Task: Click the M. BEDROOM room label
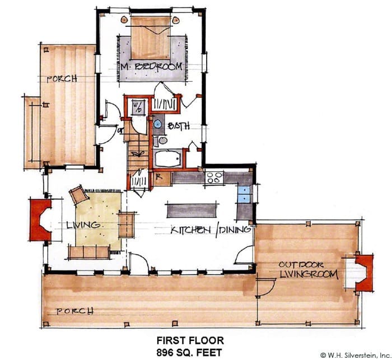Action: click(x=151, y=67)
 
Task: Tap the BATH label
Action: click(x=179, y=126)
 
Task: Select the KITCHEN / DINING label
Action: click(x=211, y=230)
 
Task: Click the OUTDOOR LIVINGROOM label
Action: click(x=308, y=270)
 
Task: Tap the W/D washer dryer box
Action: click(x=138, y=107)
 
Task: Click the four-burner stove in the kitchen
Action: click(x=214, y=177)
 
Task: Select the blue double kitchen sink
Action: click(x=244, y=194)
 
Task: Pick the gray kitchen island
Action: click(x=192, y=211)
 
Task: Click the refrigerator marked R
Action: click(x=162, y=179)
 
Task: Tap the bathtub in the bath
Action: click(x=168, y=158)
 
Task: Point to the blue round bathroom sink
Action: click(x=157, y=124)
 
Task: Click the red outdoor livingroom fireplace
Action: click(x=365, y=273)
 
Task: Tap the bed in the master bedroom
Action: click(x=151, y=38)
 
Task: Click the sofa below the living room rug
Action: click(x=88, y=252)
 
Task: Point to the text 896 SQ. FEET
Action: click(x=189, y=353)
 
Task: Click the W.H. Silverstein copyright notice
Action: click(x=356, y=355)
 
